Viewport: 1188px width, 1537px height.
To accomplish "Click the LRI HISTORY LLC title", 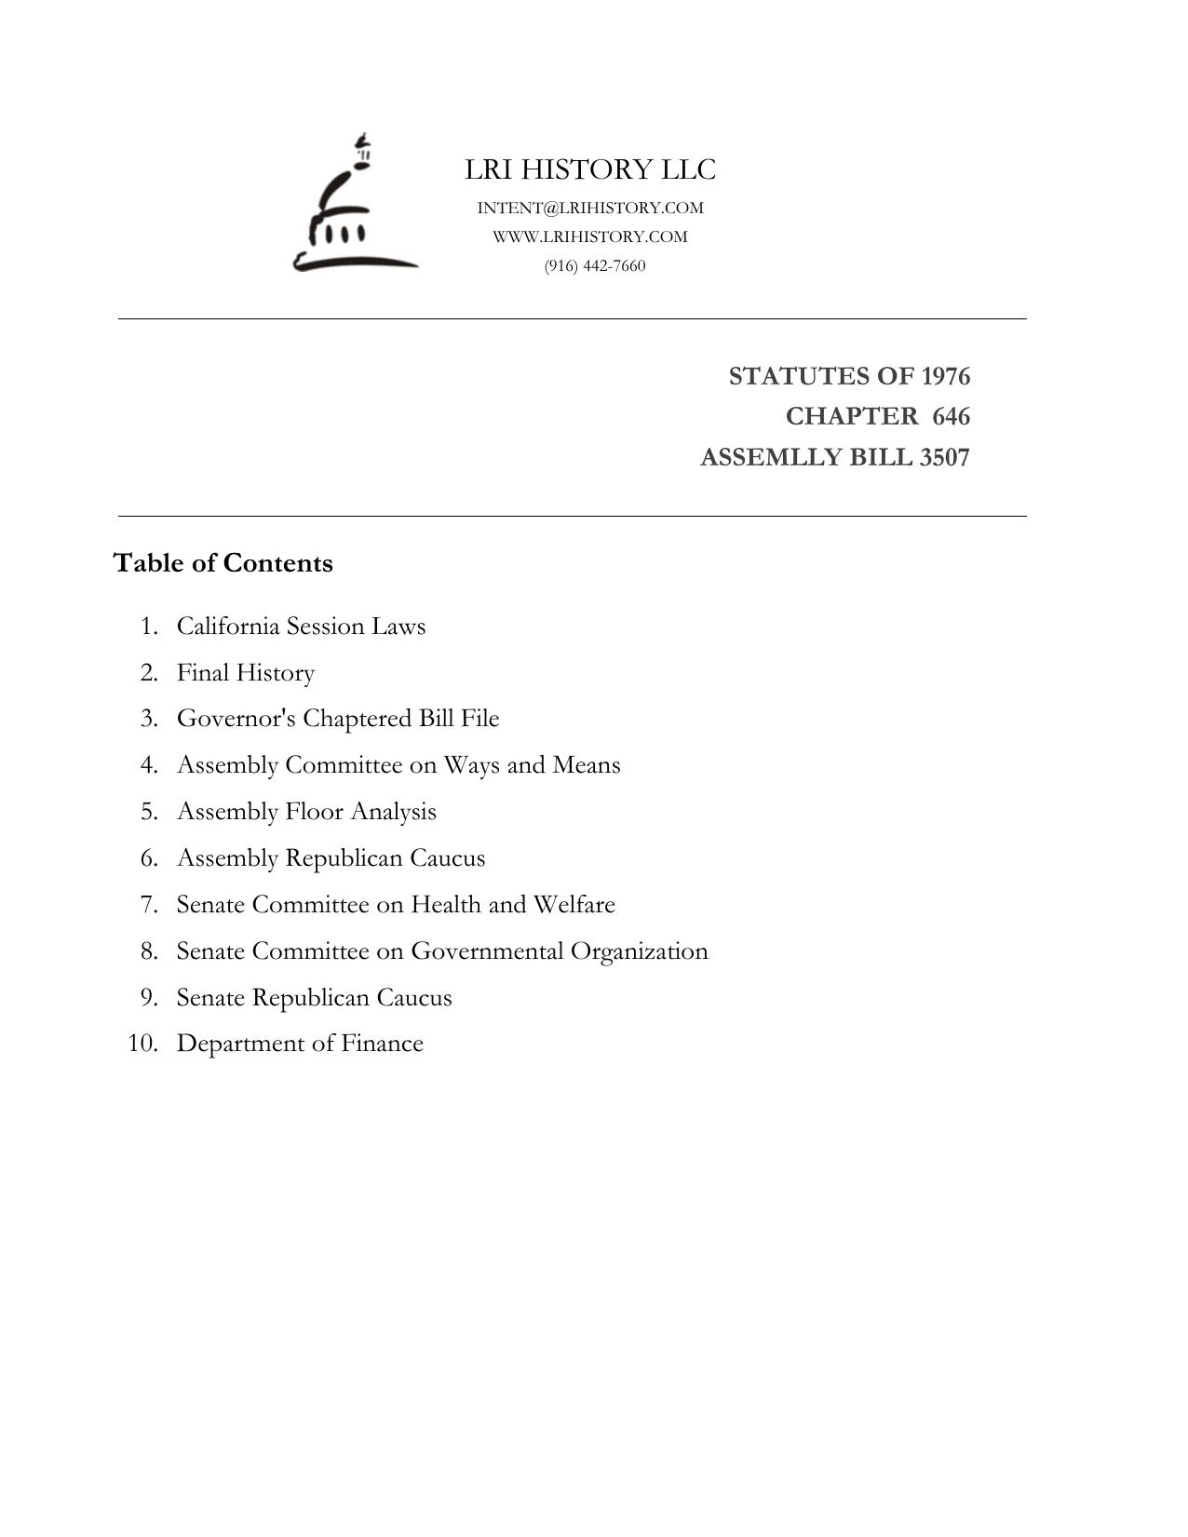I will pyautogui.click(x=590, y=169).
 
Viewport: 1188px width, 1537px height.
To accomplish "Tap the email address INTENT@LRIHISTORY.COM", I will pyautogui.click(x=590, y=208).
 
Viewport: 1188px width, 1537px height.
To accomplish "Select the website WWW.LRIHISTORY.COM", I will pyautogui.click(x=590, y=236).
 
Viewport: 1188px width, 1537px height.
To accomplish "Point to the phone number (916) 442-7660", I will pyautogui.click(x=595, y=266).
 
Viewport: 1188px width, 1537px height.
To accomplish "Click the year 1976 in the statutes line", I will pyautogui.click(x=945, y=376).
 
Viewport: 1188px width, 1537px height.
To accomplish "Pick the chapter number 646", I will pyautogui.click(x=951, y=416).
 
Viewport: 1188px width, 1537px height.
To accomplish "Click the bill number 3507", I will pyautogui.click(x=944, y=458).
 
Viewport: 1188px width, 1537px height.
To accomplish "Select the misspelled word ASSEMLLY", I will pyautogui.click(x=763, y=458).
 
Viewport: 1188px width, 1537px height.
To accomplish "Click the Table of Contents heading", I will pyautogui.click(x=223, y=563).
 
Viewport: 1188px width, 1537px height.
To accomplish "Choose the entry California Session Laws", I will pyautogui.click(x=301, y=626).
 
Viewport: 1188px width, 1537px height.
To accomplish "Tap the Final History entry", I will pyautogui.click(x=246, y=672).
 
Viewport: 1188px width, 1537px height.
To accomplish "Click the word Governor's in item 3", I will pyautogui.click(x=236, y=719).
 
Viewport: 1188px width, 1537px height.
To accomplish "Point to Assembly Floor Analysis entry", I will pyautogui.click(x=306, y=812).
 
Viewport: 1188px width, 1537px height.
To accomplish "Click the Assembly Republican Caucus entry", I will pyautogui.click(x=331, y=858).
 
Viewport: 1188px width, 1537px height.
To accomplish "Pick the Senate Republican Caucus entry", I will pyautogui.click(x=314, y=998).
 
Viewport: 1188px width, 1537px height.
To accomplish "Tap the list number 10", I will pyautogui.click(x=142, y=1044).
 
